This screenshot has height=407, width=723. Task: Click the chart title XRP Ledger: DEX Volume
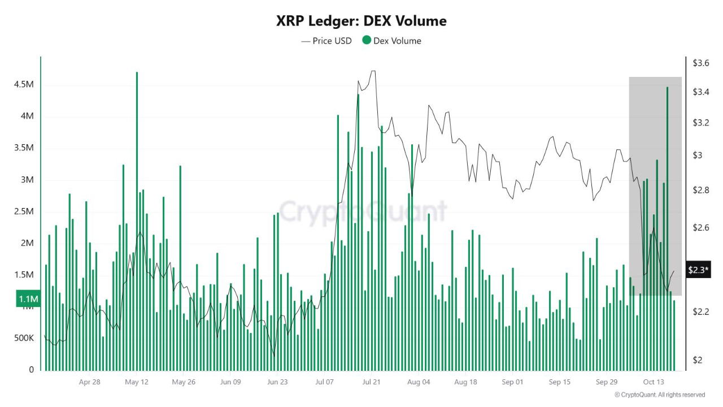361,21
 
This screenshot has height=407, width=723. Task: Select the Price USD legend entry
326,41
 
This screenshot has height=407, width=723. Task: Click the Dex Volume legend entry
391,41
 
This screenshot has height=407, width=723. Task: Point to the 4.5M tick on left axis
24,84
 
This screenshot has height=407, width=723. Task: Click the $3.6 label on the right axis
701,63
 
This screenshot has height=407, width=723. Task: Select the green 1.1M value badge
28,299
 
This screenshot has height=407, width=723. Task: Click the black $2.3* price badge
698,270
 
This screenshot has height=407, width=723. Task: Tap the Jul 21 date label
372,382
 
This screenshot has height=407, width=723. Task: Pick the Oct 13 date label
653,382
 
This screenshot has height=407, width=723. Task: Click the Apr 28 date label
89,382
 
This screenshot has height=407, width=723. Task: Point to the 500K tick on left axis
24,338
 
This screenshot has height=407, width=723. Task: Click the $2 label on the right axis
698,360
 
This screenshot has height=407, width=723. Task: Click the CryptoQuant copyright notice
659,395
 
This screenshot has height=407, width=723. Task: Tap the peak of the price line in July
373,71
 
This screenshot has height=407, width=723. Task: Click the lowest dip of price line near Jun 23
274,356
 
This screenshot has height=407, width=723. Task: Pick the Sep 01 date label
512,382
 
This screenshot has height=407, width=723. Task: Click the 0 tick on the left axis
31,370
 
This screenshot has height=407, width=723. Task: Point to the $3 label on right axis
698,155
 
